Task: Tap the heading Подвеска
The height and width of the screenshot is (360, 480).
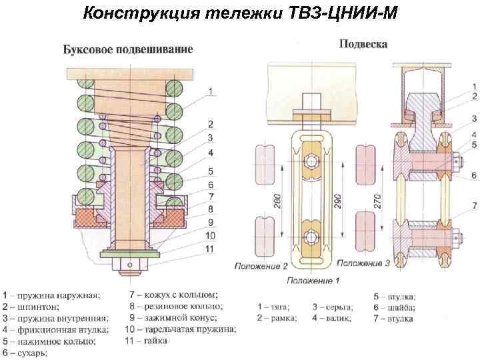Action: (x=363, y=44)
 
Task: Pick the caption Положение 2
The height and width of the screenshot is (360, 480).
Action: (x=261, y=265)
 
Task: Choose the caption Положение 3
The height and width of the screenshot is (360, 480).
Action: (x=363, y=264)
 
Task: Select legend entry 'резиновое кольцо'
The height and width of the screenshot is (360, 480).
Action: (x=173, y=306)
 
